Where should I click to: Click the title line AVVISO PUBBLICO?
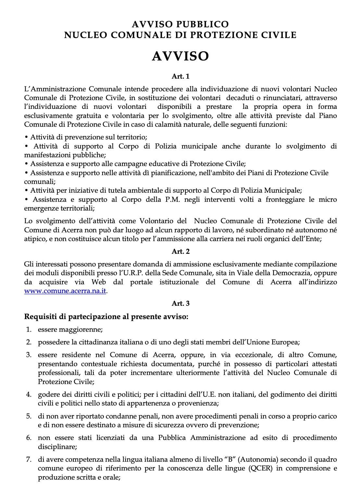[180, 24]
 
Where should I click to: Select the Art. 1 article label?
[180, 76]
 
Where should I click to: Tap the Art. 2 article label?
[180, 251]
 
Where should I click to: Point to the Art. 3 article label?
[180, 303]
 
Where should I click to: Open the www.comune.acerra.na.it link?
[65, 291]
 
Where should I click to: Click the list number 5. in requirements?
[29, 416]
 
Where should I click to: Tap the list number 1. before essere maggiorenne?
[29, 329]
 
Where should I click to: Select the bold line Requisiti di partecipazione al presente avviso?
[106, 316]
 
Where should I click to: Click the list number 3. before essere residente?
[29, 354]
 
